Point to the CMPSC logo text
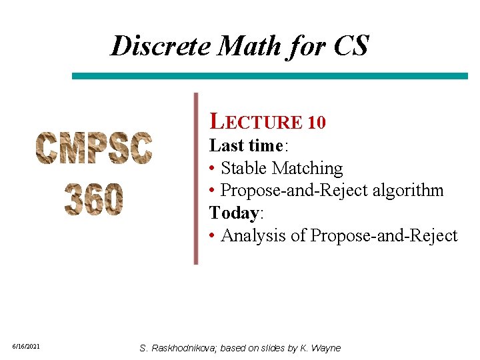(x=94, y=148)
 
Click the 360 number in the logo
(x=94, y=199)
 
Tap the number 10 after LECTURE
(x=317, y=123)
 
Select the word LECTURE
(x=256, y=122)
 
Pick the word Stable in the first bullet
(x=243, y=168)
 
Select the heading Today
(x=234, y=213)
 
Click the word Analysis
(x=256, y=235)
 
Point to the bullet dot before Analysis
(x=211, y=236)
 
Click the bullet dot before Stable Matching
(x=211, y=169)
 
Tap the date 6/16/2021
(x=27, y=347)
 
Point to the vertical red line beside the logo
(x=196, y=179)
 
